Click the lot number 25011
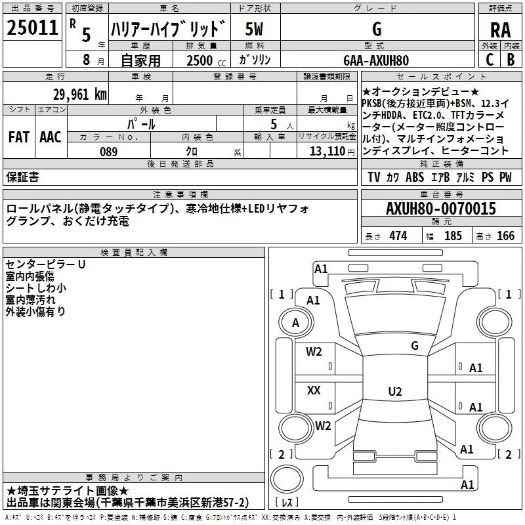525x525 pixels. point(32,28)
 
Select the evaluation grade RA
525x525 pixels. point(501,30)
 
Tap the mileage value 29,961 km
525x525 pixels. point(79,94)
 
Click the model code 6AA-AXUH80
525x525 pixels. point(376,60)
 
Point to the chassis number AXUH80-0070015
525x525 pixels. point(441,209)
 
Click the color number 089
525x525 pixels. point(109,152)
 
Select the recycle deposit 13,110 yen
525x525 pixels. point(332,152)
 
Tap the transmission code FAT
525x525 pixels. point(19,137)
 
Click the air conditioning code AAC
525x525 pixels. point(51,137)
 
